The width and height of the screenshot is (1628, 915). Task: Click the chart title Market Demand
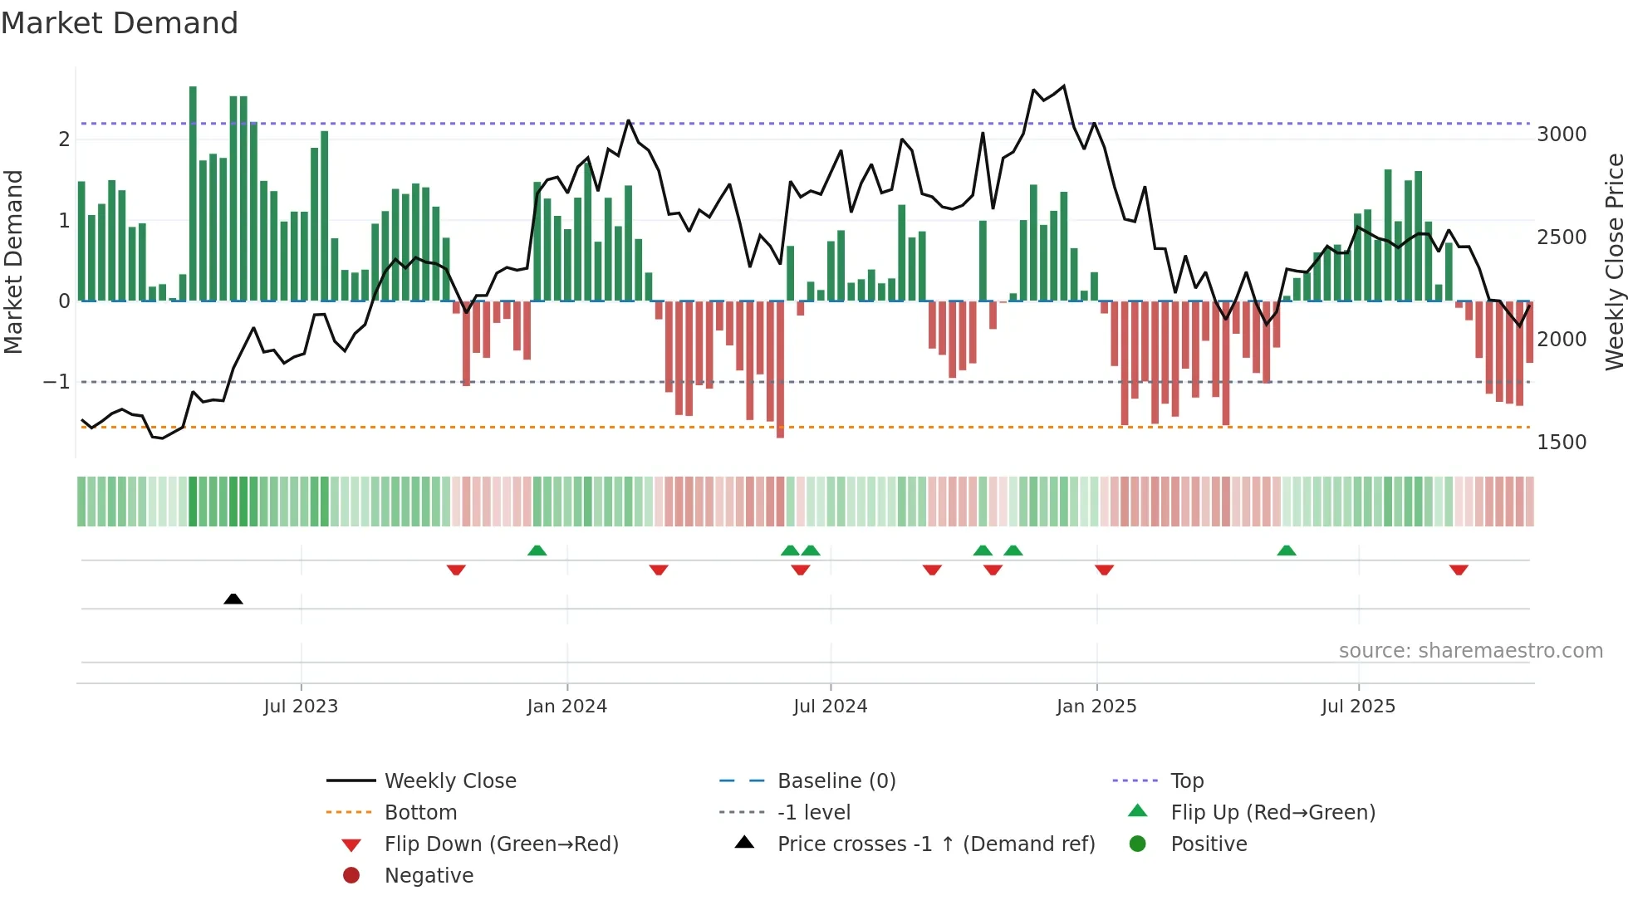[120, 23]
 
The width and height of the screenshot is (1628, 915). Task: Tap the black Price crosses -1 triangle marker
[233, 599]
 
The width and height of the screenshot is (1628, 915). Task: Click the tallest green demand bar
[193, 193]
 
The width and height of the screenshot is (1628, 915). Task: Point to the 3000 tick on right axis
[1561, 135]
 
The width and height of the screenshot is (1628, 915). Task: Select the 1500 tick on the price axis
[1561, 443]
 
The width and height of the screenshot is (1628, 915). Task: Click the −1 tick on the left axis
[56, 382]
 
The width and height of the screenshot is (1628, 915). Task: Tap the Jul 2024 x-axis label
[830, 707]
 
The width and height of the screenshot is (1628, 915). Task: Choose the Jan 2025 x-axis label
[1096, 707]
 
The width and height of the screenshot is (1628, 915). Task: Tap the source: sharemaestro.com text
[1470, 651]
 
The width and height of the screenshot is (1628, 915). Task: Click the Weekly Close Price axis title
[1614, 262]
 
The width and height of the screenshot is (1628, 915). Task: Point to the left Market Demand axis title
[14, 262]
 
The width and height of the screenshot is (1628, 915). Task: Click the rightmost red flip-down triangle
[1459, 570]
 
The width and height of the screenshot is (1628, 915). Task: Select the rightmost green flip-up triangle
[1286, 550]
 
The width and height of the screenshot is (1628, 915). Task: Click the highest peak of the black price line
[1064, 86]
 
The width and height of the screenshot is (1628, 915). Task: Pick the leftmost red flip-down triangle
[456, 570]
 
